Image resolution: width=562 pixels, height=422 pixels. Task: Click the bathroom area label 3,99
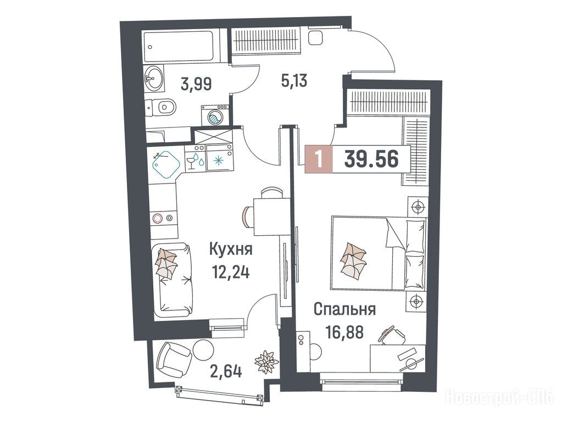point(197,84)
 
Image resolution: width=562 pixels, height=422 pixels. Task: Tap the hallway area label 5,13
point(294,81)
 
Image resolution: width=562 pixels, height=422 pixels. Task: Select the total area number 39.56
point(371,159)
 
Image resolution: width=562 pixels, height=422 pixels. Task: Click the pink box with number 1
point(319,159)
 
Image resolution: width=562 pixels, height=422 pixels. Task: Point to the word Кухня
point(231,249)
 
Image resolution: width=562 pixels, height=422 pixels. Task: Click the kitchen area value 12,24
point(231,274)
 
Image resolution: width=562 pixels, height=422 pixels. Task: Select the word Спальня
point(344,309)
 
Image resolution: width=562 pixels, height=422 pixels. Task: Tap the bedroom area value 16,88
point(345,332)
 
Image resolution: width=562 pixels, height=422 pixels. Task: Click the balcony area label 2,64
point(225,371)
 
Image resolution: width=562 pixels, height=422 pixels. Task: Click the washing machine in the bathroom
point(215,115)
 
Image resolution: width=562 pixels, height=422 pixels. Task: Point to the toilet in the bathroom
point(161,107)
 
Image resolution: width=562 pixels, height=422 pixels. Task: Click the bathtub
point(179,47)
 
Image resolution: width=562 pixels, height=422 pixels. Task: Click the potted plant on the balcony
point(266,362)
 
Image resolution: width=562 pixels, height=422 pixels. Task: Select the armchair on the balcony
point(174,359)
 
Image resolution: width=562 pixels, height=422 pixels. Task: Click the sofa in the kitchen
point(174,280)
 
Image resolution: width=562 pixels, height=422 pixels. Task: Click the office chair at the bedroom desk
point(392,335)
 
